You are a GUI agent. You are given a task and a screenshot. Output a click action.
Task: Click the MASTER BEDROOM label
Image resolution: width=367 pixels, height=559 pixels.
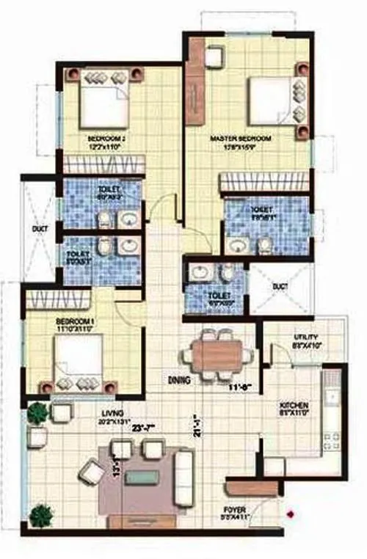coord(240,139)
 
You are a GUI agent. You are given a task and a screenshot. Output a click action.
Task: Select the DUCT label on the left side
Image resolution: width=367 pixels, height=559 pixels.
coord(40,229)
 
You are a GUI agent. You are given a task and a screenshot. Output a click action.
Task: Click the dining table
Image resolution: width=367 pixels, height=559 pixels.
coord(217,355)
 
